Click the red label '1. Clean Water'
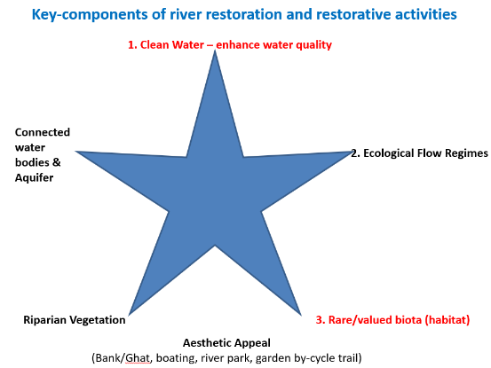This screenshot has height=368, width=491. (x=166, y=44)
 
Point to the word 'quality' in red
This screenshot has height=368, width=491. (x=313, y=45)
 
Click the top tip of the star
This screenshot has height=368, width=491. (x=215, y=50)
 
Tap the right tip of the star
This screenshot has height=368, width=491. (x=352, y=152)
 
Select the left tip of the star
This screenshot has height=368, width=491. (x=75, y=152)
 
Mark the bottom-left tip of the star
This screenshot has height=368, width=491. (x=129, y=315)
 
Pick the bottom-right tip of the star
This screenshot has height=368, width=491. (x=301, y=315)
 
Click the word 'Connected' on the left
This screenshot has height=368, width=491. (x=43, y=132)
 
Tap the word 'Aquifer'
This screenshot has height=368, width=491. (x=34, y=178)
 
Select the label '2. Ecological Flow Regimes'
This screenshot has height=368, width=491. (x=419, y=153)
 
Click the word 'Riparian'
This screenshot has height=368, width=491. (x=44, y=320)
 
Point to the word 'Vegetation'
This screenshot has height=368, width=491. (x=98, y=320)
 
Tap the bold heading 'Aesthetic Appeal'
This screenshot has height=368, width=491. (x=226, y=343)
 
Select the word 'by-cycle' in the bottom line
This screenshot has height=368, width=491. (x=314, y=358)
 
